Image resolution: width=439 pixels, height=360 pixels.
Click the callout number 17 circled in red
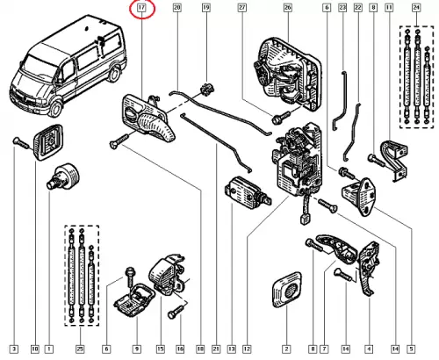[x=141, y=7]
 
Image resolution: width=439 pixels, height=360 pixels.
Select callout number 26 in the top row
[x=288, y=7]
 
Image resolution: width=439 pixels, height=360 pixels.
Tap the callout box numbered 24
[x=416, y=7]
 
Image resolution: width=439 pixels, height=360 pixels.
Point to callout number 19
[x=206, y=7]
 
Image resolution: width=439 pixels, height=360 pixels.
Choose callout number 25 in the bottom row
[x=80, y=349]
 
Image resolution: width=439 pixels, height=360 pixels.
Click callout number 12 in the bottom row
[x=247, y=349]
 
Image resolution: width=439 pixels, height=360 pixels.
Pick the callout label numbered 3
[x=14, y=349]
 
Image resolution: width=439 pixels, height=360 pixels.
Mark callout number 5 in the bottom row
[x=411, y=349]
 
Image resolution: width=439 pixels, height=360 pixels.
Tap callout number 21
[x=216, y=349]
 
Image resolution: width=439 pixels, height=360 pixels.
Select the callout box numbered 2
[x=286, y=349]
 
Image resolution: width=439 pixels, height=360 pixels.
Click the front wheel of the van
[x=56, y=108]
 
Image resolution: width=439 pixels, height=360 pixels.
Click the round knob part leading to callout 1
[x=63, y=176]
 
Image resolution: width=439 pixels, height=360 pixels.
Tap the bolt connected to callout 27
[x=281, y=117]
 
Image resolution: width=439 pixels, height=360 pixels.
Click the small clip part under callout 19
[x=207, y=89]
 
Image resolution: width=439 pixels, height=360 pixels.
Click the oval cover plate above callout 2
[x=287, y=289]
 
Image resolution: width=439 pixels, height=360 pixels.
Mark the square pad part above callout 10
[x=48, y=142]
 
